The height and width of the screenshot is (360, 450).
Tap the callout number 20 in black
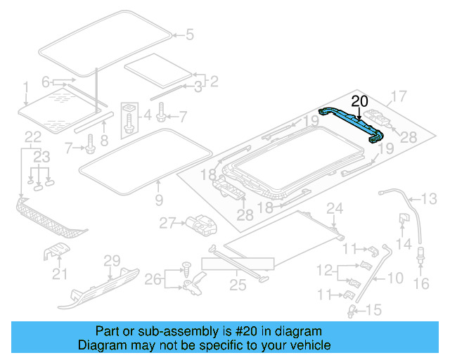click(x=359, y=101)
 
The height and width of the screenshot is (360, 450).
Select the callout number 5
click(x=188, y=34)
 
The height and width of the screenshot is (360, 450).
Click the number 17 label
click(x=399, y=96)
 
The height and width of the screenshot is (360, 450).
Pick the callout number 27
click(x=167, y=224)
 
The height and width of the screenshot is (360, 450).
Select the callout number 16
click(x=421, y=283)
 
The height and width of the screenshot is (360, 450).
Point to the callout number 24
click(x=335, y=207)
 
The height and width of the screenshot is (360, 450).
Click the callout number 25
click(x=238, y=285)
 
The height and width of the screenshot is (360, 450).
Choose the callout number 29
click(x=112, y=261)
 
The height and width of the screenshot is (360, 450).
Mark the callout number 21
click(x=59, y=274)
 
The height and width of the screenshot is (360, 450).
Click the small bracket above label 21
click(x=58, y=252)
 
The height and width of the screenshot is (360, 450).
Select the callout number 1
click(x=25, y=87)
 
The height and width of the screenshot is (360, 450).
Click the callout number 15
click(x=373, y=309)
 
